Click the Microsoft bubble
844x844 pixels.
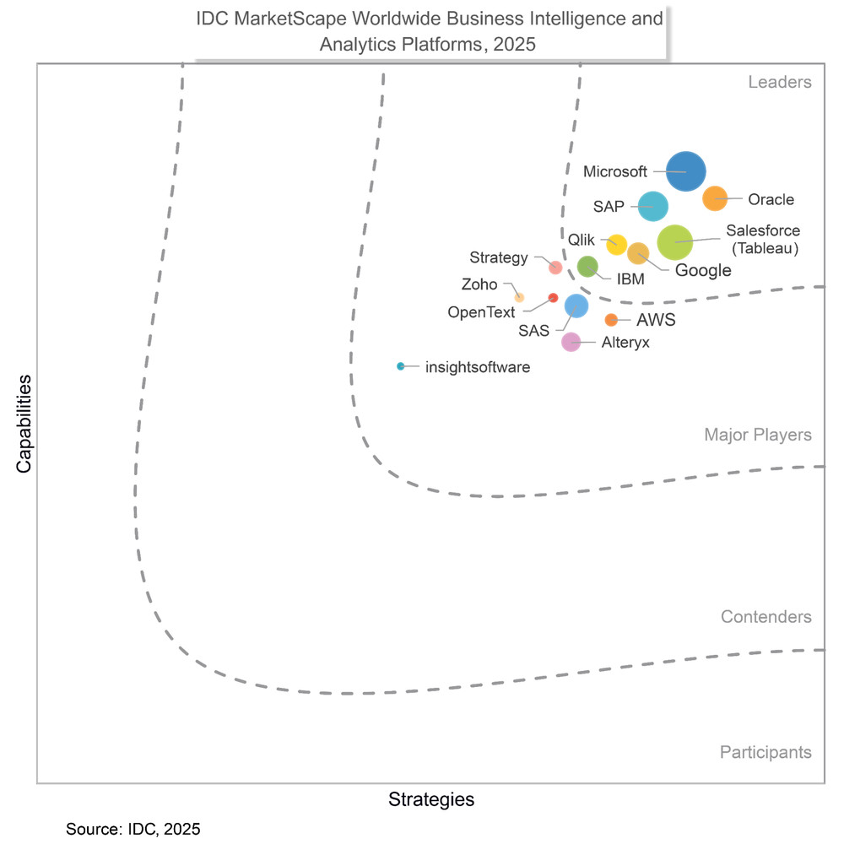pyautogui.click(x=685, y=171)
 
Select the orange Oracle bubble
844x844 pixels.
pyautogui.click(x=715, y=198)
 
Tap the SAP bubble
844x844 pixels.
pyautogui.click(x=652, y=205)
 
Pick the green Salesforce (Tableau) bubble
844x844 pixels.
pyautogui.click(x=675, y=242)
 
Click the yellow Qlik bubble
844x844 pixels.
pyautogui.click(x=617, y=245)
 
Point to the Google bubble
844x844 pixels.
pyautogui.click(x=638, y=253)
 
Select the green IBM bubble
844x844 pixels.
pyautogui.click(x=587, y=267)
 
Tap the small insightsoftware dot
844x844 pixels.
pyautogui.click(x=401, y=366)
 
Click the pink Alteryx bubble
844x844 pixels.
pyautogui.click(x=571, y=342)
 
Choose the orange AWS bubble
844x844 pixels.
pyautogui.click(x=611, y=319)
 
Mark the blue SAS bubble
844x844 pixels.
pyautogui.click(x=576, y=306)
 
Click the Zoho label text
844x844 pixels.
pyautogui.click(x=479, y=284)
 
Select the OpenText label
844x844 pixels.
pyautogui.click(x=481, y=312)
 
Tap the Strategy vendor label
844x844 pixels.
pyautogui.click(x=499, y=257)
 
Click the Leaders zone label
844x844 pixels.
pyautogui.click(x=780, y=82)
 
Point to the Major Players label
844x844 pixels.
pyautogui.click(x=758, y=435)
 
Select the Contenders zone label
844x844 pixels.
pyautogui.click(x=766, y=617)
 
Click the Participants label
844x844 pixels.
pyautogui.click(x=766, y=752)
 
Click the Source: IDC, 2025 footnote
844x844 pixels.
pyautogui.click(x=133, y=829)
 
